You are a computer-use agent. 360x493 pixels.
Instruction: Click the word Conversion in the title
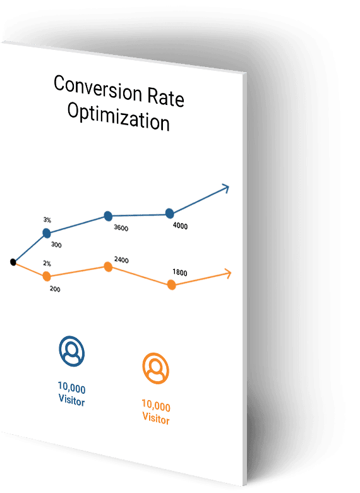(x=98, y=88)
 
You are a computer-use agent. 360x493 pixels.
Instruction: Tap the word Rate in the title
(x=165, y=97)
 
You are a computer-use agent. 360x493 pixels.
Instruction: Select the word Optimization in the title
(x=119, y=116)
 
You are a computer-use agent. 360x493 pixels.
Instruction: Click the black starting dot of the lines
(x=13, y=262)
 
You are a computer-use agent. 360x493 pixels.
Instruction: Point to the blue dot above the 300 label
(x=47, y=233)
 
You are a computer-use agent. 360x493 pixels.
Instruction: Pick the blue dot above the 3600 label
(x=108, y=216)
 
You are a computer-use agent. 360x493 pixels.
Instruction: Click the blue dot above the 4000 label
(x=170, y=214)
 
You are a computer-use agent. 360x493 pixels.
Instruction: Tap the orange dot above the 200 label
(x=47, y=277)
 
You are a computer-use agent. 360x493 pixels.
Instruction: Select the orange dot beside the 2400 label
(x=108, y=267)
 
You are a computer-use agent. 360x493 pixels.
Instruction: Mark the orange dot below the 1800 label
(x=172, y=285)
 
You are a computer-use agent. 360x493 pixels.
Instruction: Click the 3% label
(x=47, y=220)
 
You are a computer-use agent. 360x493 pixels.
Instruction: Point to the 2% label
(x=47, y=263)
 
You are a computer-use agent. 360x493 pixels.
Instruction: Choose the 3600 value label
(x=121, y=228)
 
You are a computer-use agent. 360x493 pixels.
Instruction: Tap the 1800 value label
(x=180, y=272)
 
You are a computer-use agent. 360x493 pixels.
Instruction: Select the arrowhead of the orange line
(x=229, y=273)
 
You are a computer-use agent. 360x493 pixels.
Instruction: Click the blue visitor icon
(x=71, y=351)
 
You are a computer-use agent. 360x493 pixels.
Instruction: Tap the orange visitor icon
(x=156, y=368)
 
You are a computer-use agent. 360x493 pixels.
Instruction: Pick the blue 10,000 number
(x=71, y=387)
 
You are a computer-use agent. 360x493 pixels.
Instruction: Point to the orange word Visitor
(x=156, y=418)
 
